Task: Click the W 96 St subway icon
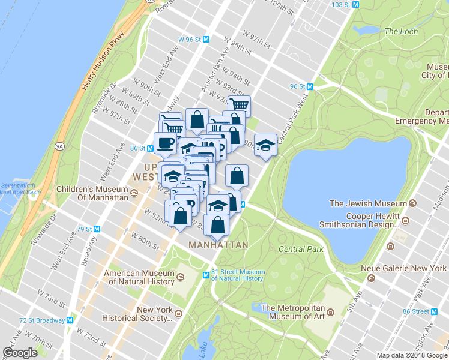[x=206, y=39]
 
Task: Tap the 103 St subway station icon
[x=355, y=4]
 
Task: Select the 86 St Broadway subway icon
[x=150, y=148]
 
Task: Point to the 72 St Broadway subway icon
[x=70, y=320]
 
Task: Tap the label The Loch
[x=399, y=31]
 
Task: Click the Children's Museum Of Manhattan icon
[x=134, y=193]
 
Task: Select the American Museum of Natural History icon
[x=187, y=277]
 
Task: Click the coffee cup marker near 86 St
[x=166, y=143]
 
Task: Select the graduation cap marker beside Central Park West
[x=265, y=145]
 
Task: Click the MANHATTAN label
[x=218, y=245]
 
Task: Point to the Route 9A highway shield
[x=59, y=145]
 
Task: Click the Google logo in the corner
[x=20, y=353]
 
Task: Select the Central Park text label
[x=301, y=249]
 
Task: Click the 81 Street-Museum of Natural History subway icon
[x=205, y=275]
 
